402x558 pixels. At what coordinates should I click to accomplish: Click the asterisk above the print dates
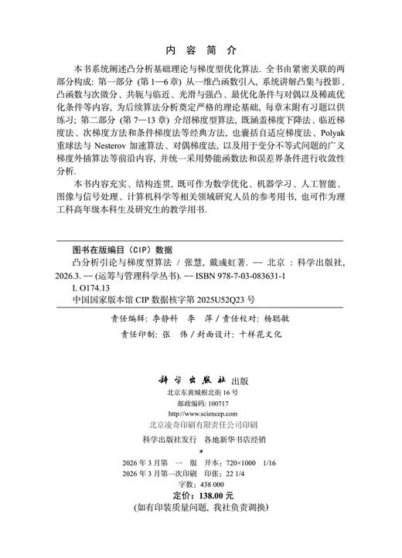click(201, 471)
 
